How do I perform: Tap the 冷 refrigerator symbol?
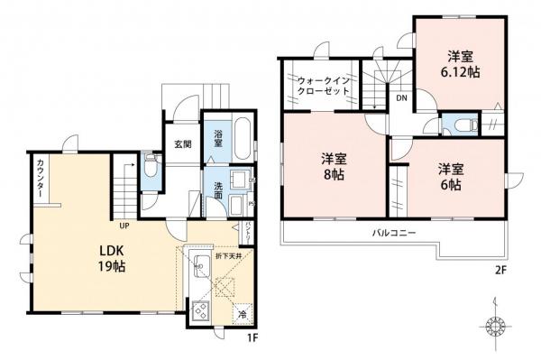click(x=243, y=314)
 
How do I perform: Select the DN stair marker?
click(x=400, y=98)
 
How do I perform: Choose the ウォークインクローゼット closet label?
click(x=322, y=88)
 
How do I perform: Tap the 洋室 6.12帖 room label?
click(x=459, y=62)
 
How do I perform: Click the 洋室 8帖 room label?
click(x=333, y=168)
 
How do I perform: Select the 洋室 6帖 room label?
click(x=452, y=176)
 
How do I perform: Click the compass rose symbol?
click(x=495, y=324)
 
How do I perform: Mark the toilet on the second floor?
click(x=462, y=125)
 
